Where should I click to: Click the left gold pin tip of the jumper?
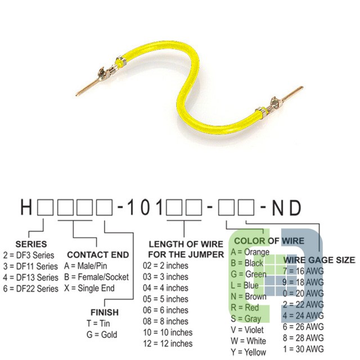76,94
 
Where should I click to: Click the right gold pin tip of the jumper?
302,88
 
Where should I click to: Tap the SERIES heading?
31,244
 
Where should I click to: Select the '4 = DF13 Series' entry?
31,277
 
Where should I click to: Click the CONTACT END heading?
98,255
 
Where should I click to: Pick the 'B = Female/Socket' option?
96,277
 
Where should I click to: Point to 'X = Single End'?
89,288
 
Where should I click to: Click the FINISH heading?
105,312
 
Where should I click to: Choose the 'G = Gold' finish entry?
102,335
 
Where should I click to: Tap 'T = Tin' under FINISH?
98,323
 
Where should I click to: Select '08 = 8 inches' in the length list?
165,321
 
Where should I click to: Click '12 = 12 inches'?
168,344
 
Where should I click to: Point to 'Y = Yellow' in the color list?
249,352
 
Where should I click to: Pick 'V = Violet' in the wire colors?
247,330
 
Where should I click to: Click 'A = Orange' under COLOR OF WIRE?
250,252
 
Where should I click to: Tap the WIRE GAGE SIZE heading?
319,260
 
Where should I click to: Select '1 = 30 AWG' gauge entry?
303,349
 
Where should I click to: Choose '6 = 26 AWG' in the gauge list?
303,326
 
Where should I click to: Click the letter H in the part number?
26,208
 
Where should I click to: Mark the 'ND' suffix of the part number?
286,208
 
